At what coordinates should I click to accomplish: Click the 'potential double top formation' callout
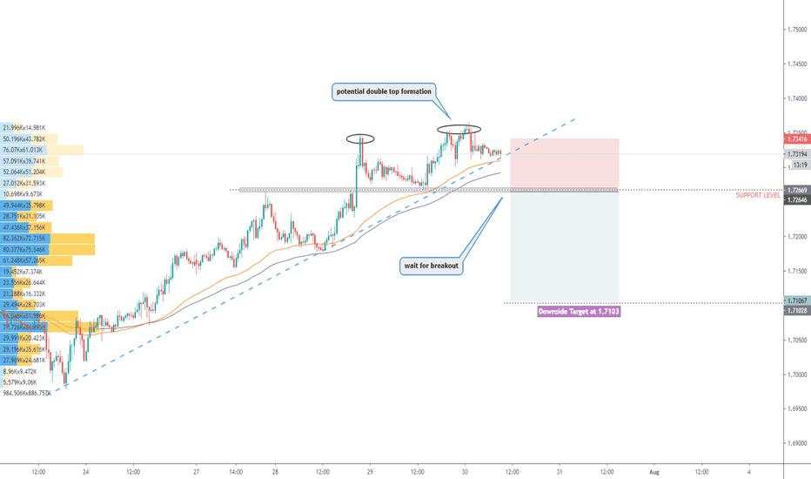click(x=383, y=91)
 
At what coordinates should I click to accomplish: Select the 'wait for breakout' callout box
click(x=431, y=266)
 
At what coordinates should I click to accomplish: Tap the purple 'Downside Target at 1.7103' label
click(x=579, y=310)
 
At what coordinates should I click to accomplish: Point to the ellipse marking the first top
click(x=359, y=138)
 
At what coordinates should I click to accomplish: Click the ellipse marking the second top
click(x=459, y=130)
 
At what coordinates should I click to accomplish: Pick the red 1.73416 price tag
click(x=795, y=138)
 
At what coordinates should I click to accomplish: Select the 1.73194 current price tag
click(x=795, y=154)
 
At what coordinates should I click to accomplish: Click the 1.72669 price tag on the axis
click(x=795, y=190)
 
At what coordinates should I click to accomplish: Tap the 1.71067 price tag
click(x=795, y=299)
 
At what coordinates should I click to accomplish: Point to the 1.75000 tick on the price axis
click(x=795, y=30)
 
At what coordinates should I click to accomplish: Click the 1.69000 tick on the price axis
click(x=795, y=443)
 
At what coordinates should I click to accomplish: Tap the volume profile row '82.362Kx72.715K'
click(x=25, y=238)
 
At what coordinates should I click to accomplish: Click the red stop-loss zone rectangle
click(x=564, y=162)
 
